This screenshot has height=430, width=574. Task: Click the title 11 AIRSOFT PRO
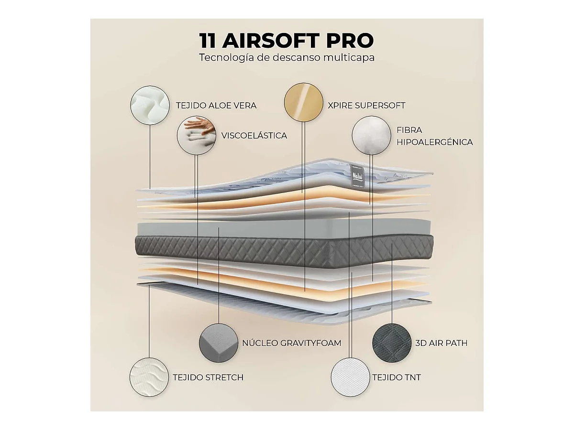[x=287, y=41]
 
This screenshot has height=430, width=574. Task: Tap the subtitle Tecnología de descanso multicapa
[x=287, y=58]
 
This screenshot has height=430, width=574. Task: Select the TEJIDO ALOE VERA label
[x=216, y=105]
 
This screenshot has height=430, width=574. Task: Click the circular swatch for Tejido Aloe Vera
[x=150, y=105]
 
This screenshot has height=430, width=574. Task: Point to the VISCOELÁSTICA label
[x=254, y=136]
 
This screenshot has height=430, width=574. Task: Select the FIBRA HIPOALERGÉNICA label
[x=434, y=136]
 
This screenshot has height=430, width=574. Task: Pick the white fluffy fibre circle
[x=371, y=136]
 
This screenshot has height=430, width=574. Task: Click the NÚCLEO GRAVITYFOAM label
[x=292, y=343]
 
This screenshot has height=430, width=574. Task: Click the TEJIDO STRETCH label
[x=208, y=377]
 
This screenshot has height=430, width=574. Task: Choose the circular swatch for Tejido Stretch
[x=150, y=377]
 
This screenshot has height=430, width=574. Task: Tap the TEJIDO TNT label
[x=397, y=377]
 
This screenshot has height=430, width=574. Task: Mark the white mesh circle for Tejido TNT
[x=350, y=377]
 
